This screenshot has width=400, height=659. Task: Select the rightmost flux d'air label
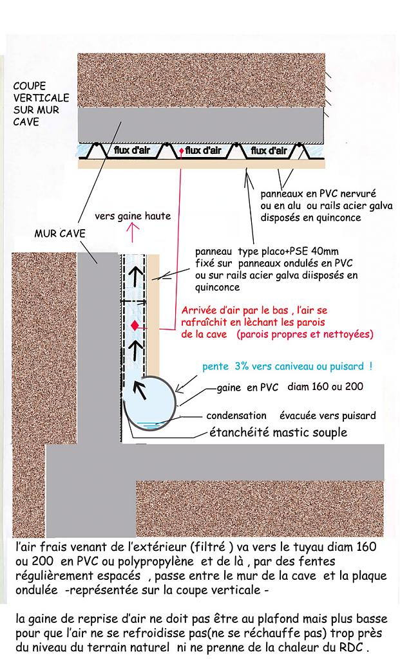(x=268, y=151)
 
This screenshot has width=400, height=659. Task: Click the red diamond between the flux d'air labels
(x=182, y=151)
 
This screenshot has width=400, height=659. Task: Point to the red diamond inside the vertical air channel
(x=135, y=325)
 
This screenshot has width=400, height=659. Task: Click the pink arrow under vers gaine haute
(x=133, y=231)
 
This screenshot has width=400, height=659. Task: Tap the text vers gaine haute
(x=133, y=216)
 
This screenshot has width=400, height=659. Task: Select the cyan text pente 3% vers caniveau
(x=287, y=366)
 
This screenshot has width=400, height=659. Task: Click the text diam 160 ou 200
(x=325, y=387)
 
